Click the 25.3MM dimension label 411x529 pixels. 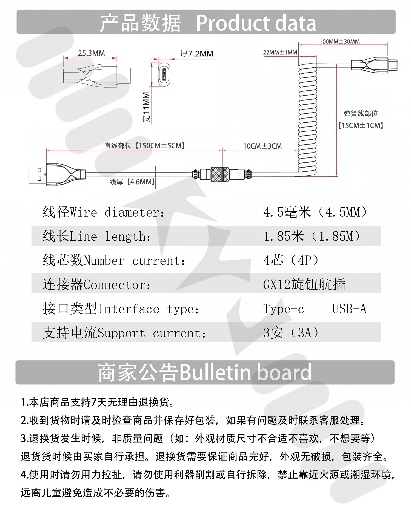coord(91,53)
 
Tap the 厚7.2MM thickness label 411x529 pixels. coord(196,54)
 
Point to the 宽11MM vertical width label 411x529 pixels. coord(146,107)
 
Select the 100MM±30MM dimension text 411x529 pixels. coord(339,42)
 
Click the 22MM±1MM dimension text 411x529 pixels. coord(280,52)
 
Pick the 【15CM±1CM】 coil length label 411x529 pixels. coord(360,126)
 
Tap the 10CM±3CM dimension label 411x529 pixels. coord(262,146)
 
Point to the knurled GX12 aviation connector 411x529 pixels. coord(219,174)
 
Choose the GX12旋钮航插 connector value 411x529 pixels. coord(304,284)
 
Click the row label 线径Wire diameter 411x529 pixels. coord(104,212)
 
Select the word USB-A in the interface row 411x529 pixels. coord(349,309)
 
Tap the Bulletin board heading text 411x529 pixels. coord(246,372)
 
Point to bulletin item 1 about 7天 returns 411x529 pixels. coord(98,402)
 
